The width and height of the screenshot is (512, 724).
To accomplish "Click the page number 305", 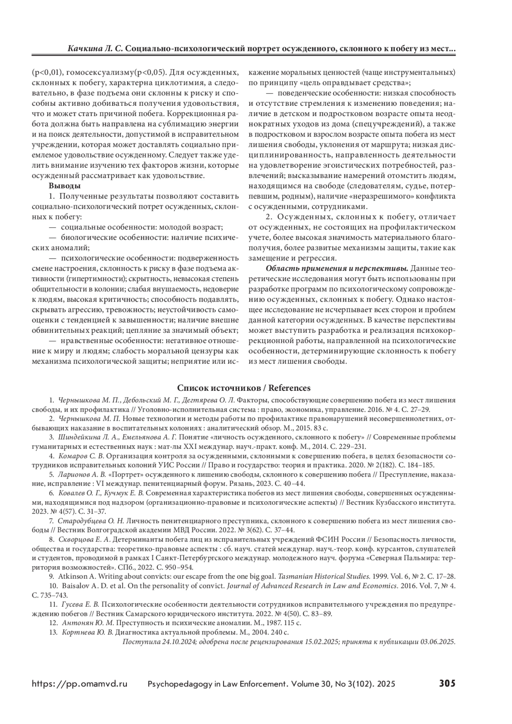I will click(447, 683).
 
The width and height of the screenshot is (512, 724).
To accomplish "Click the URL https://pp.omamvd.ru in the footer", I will click(80, 683).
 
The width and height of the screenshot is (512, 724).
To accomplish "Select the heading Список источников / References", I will click(244, 388).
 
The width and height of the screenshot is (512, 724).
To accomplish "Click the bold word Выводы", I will click(65, 186).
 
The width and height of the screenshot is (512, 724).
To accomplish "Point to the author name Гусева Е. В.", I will click(81, 604).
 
